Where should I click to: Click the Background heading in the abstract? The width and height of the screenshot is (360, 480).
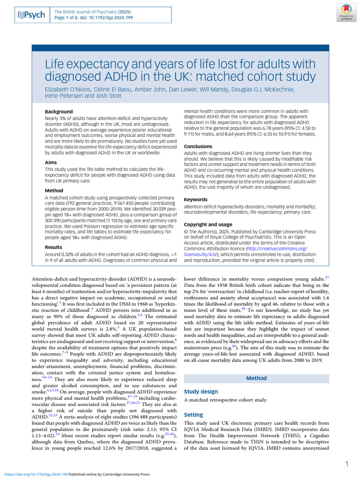coord(59,112)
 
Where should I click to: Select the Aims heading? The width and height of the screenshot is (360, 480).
coord(51,162)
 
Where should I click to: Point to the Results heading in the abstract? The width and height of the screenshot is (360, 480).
coord(53,247)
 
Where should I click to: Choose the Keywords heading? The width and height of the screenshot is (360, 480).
coord(195,200)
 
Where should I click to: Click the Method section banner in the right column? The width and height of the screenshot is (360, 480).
coord(256,378)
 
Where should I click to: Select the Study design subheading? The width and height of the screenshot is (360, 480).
coord(201,391)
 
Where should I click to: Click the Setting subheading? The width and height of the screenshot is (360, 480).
coord(193,415)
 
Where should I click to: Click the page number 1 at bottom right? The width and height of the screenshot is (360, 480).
coord(346,464)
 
